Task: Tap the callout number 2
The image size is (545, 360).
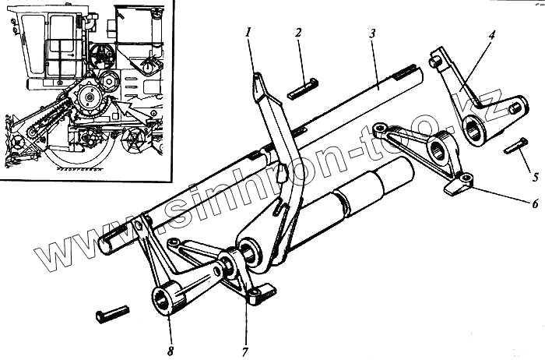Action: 297,34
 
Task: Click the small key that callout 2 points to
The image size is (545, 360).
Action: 302,90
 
